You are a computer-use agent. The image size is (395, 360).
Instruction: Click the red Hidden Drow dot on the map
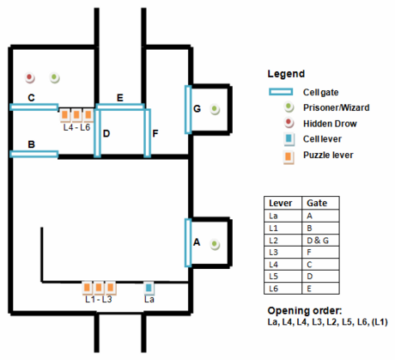click(x=29, y=77)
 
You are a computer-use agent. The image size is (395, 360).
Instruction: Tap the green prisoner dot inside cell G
click(x=215, y=109)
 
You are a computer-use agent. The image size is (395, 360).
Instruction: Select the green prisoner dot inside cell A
click(x=215, y=245)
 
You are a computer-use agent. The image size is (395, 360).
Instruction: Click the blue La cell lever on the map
click(x=149, y=288)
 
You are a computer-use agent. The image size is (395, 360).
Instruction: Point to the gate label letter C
click(x=31, y=98)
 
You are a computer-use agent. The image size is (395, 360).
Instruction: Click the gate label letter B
click(x=32, y=144)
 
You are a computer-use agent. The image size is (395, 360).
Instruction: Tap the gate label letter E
click(x=120, y=98)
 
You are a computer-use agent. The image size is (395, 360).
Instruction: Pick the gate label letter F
click(x=155, y=133)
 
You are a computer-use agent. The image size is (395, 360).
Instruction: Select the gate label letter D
click(x=106, y=133)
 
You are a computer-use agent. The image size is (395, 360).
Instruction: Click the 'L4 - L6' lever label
click(x=76, y=127)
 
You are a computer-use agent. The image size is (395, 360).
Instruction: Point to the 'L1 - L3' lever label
click(x=99, y=299)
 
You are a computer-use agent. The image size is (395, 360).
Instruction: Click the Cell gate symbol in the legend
click(x=281, y=92)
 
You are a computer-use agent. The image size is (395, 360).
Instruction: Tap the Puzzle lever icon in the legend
click(x=289, y=156)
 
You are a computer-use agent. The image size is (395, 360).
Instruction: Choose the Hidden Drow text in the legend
click(x=330, y=124)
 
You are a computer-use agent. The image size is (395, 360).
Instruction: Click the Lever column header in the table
click(x=281, y=203)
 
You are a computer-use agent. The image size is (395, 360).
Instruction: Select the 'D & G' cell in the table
click(x=318, y=241)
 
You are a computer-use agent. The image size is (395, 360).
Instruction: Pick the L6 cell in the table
click(x=274, y=289)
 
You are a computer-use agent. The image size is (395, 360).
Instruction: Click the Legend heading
click(x=286, y=74)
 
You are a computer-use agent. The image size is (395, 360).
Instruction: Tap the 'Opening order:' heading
click(x=305, y=311)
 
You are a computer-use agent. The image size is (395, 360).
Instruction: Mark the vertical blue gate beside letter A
click(x=188, y=243)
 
